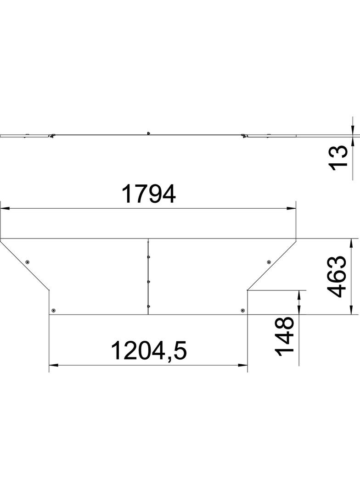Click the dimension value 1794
[148, 194]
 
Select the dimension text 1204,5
[148, 351]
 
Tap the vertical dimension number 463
[340, 277]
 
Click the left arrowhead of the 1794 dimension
[5, 209]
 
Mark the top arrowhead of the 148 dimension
[299, 294]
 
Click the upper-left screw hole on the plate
[28, 262]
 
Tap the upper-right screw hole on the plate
[269, 262]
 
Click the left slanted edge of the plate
[25, 264]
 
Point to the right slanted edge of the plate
[272, 264]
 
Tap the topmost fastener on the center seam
[148, 257]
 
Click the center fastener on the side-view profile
[149, 133]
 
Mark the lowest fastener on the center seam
[148, 306]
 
